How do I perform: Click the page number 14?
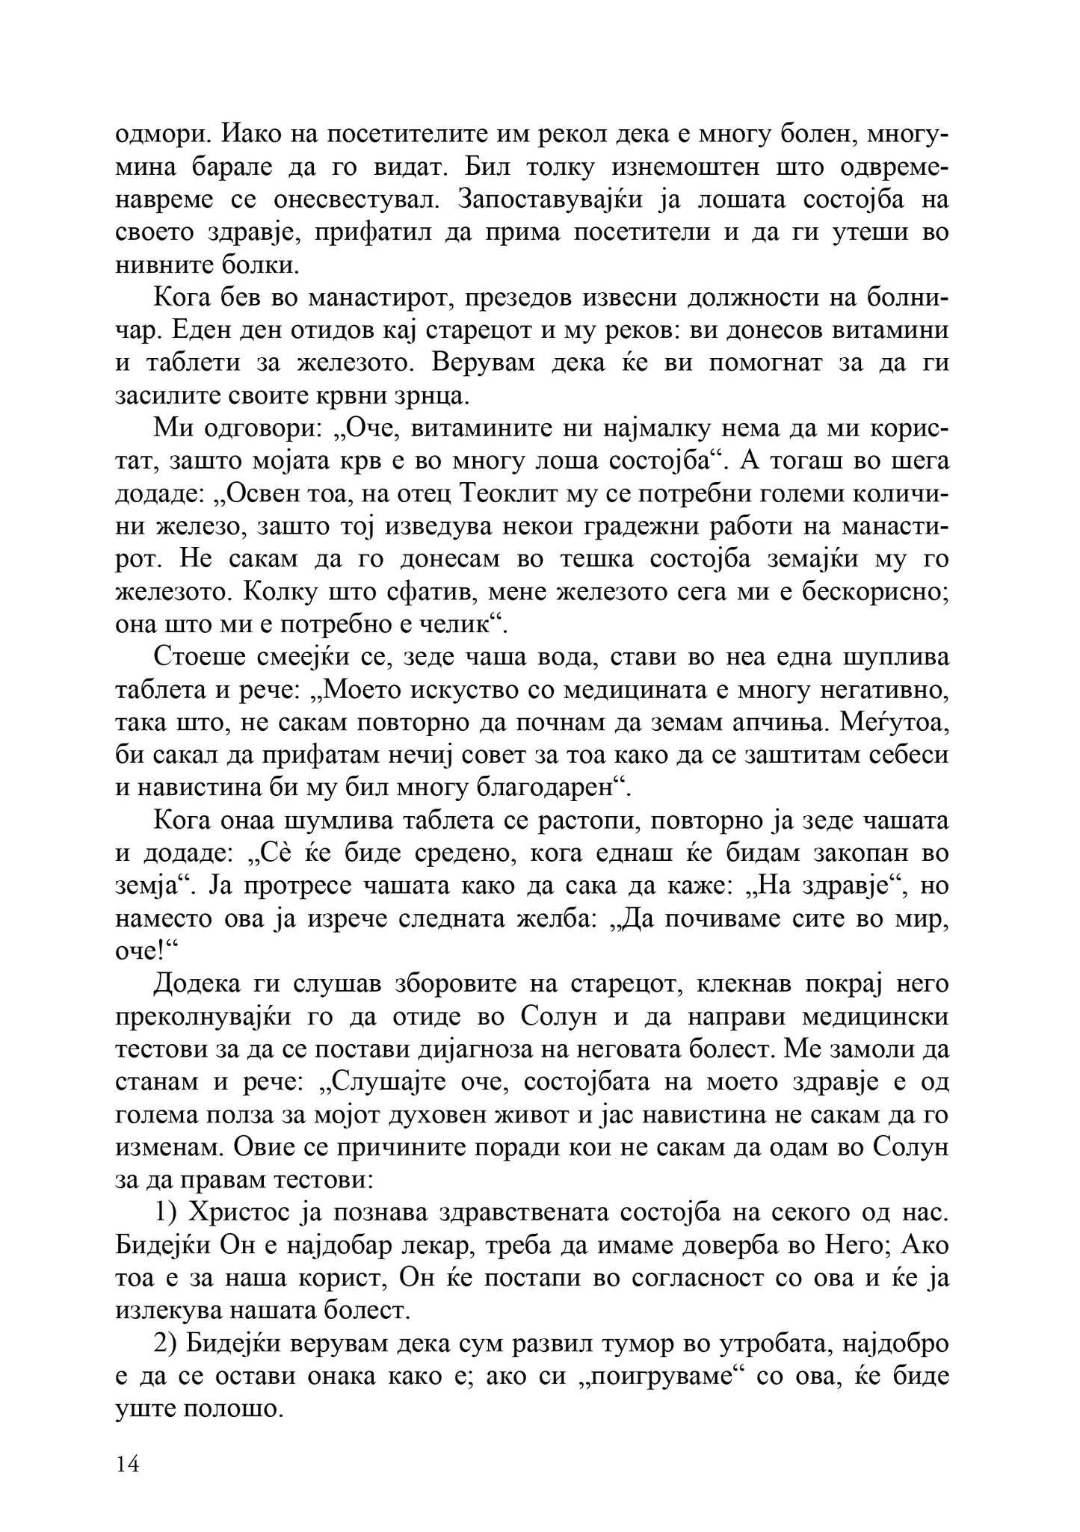point(128,1464)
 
